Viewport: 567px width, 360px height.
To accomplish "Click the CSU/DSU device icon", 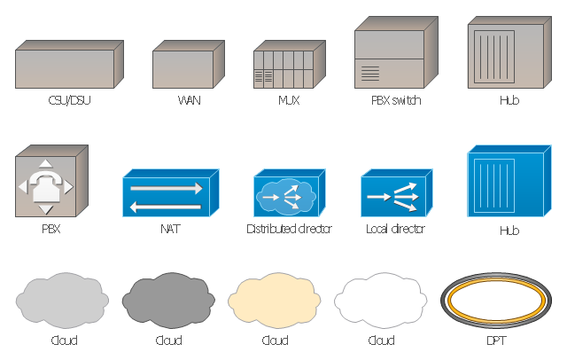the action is tap(69, 65).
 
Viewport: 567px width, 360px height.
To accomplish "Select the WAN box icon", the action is tap(189, 65).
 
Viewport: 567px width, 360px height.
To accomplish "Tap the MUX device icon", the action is tap(290, 65).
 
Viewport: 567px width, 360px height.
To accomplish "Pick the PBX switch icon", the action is tap(396, 52).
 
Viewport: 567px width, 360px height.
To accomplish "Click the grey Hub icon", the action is tap(509, 52).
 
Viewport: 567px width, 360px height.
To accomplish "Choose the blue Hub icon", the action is tap(509, 181).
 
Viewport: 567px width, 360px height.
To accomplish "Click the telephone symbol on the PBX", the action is tap(45, 187).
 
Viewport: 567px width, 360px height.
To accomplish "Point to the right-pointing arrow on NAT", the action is tap(166, 188).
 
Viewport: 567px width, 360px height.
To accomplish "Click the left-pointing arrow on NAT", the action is tap(166, 207).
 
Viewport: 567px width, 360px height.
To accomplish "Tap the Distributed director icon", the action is tap(290, 192).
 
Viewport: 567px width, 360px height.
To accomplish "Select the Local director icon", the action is tap(397, 192).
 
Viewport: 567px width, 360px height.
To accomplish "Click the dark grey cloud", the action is tap(168, 301).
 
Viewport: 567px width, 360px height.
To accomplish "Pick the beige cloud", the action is tap(275, 301).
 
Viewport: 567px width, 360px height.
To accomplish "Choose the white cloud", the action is tap(381, 301).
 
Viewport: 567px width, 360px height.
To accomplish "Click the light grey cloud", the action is tap(62, 301).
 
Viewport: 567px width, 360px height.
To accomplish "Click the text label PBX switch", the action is tap(396, 100).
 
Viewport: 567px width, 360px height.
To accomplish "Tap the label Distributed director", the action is tap(289, 229).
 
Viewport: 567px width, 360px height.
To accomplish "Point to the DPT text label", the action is tap(496, 340).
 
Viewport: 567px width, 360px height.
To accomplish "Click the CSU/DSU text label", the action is tap(69, 100).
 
